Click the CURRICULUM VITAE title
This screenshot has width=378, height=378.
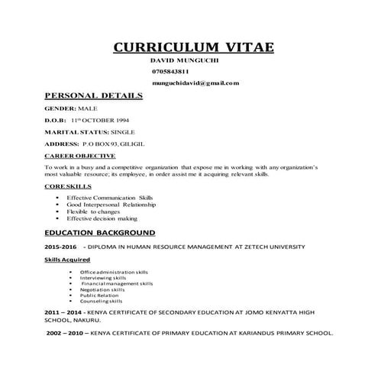click(194, 47)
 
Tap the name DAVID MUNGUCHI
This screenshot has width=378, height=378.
click(183, 59)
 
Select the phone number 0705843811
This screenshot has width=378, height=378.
click(172, 70)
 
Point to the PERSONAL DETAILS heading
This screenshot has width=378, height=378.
click(93, 96)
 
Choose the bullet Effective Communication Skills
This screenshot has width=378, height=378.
click(110, 197)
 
